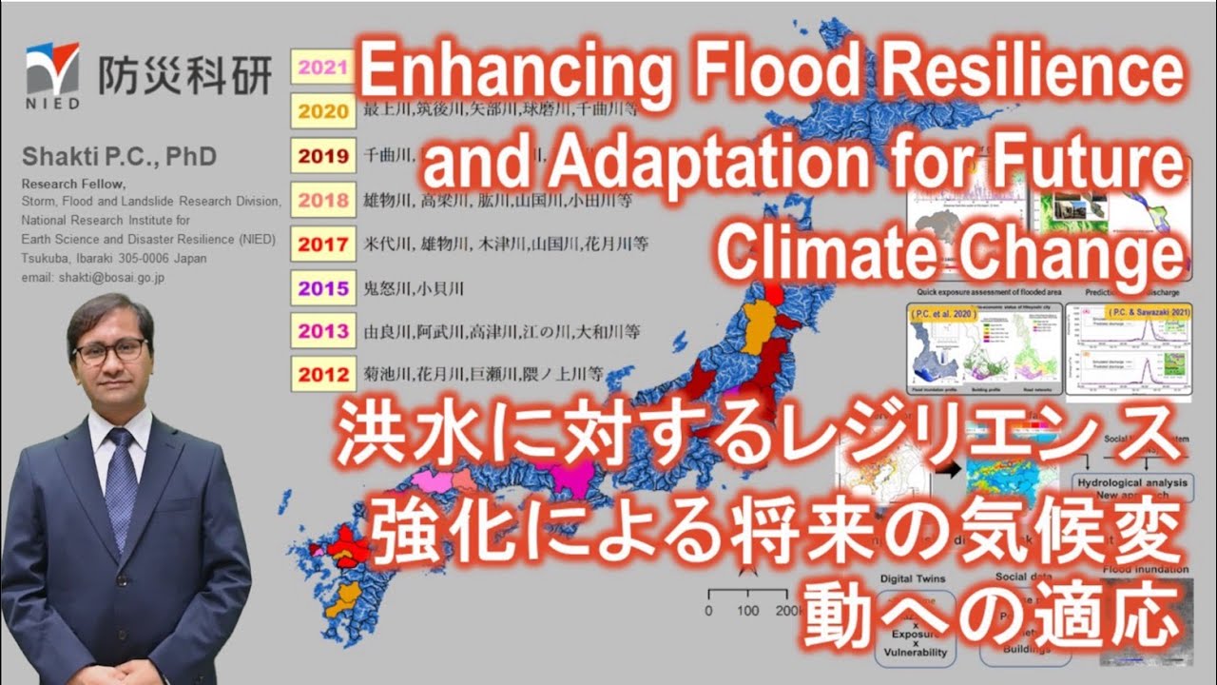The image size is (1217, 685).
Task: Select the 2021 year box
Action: click(323, 68)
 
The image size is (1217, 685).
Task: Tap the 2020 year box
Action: click(323, 111)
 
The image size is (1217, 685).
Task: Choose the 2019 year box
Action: click(323, 157)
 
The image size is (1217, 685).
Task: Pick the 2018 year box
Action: click(323, 200)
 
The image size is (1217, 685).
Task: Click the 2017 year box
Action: click(323, 244)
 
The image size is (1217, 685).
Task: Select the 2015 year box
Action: click(323, 287)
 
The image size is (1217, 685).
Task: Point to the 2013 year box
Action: click(323, 331)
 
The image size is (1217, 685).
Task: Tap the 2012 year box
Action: click(323, 374)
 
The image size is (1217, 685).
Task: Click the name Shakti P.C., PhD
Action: click(118, 156)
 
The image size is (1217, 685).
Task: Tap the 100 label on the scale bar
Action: click(748, 609)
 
